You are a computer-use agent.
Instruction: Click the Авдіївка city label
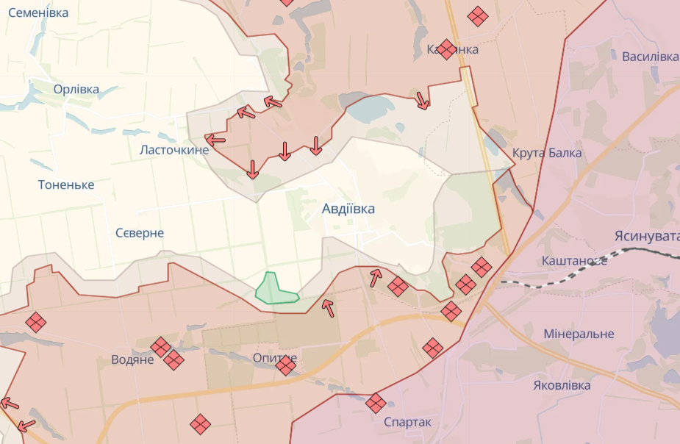point(348,209)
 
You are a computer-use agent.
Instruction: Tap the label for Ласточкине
point(174,150)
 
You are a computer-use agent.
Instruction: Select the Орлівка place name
point(76,89)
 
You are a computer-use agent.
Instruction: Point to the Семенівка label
point(38,13)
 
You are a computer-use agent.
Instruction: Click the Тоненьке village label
point(66,185)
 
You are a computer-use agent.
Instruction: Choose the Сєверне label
point(140,233)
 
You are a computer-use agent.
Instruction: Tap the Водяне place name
point(132,359)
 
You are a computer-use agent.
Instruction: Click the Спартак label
point(407,423)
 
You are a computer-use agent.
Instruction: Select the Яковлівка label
point(562,385)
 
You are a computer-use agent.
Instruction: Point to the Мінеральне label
point(579,334)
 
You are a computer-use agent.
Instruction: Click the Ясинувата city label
point(647,236)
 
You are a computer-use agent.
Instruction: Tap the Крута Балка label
point(547,153)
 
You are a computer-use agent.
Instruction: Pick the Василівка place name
point(650,57)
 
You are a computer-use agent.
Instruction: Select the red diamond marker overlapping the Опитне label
point(286,365)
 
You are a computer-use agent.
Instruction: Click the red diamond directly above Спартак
point(376,403)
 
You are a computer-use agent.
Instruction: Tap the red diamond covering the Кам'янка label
point(445,49)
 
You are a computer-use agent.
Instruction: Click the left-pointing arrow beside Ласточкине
point(215,140)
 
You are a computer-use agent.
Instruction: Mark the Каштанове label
point(573,261)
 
